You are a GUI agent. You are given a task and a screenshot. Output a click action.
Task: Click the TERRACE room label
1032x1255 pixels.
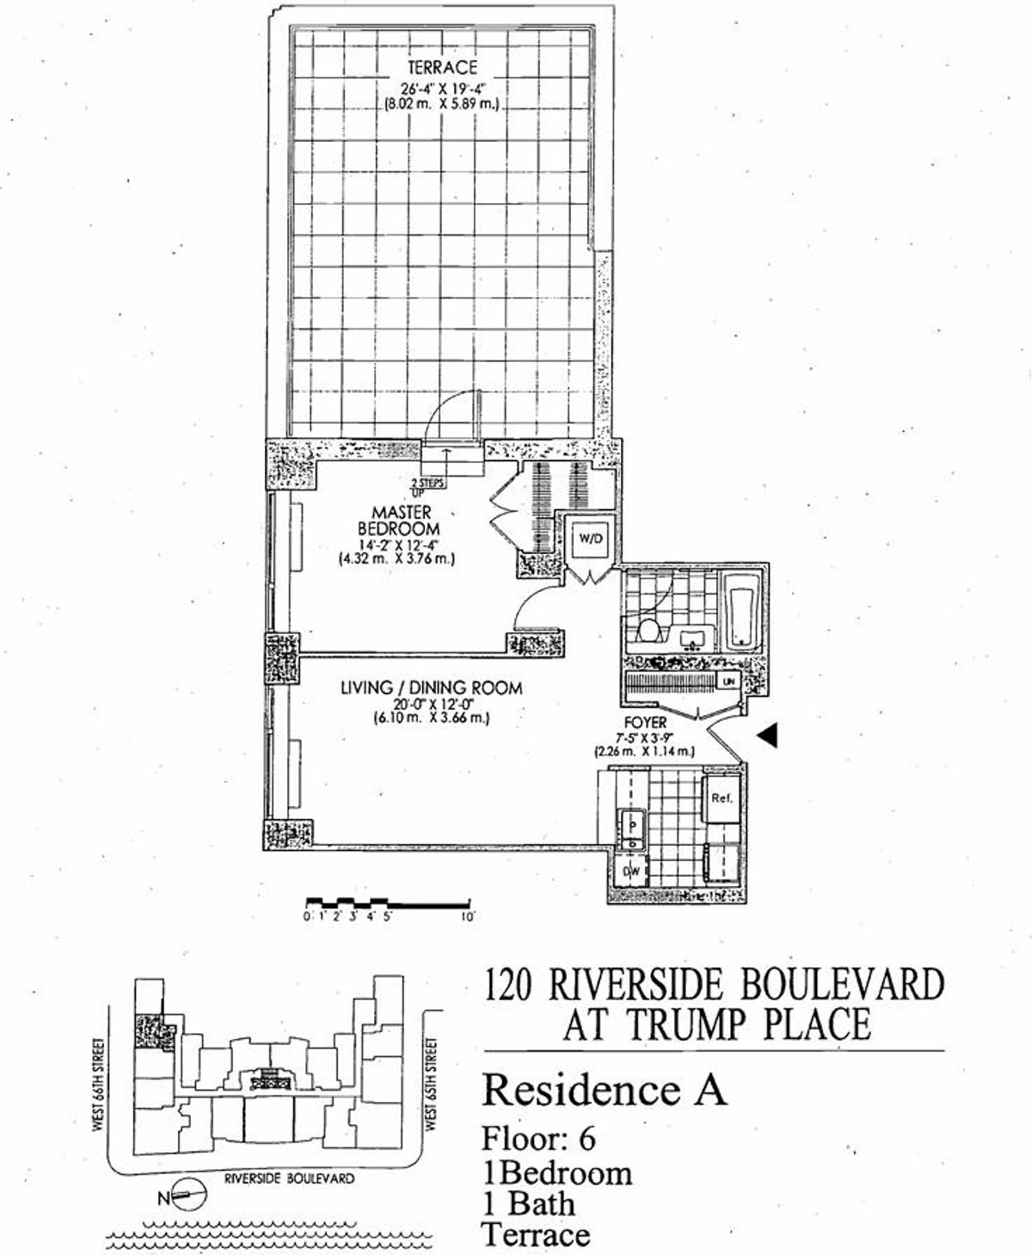tap(442, 67)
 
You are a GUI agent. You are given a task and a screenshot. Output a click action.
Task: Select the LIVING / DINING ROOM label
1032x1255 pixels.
tap(431, 688)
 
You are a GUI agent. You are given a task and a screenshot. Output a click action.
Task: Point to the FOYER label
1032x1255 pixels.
tap(645, 723)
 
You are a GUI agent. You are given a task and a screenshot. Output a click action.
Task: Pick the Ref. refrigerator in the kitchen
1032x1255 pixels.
tap(721, 798)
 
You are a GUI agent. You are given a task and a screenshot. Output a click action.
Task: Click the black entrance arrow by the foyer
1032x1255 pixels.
tap(770, 734)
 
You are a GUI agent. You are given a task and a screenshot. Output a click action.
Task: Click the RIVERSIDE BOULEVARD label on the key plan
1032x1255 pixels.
tap(289, 1179)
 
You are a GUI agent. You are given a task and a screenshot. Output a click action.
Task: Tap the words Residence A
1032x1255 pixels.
tap(605, 1090)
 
